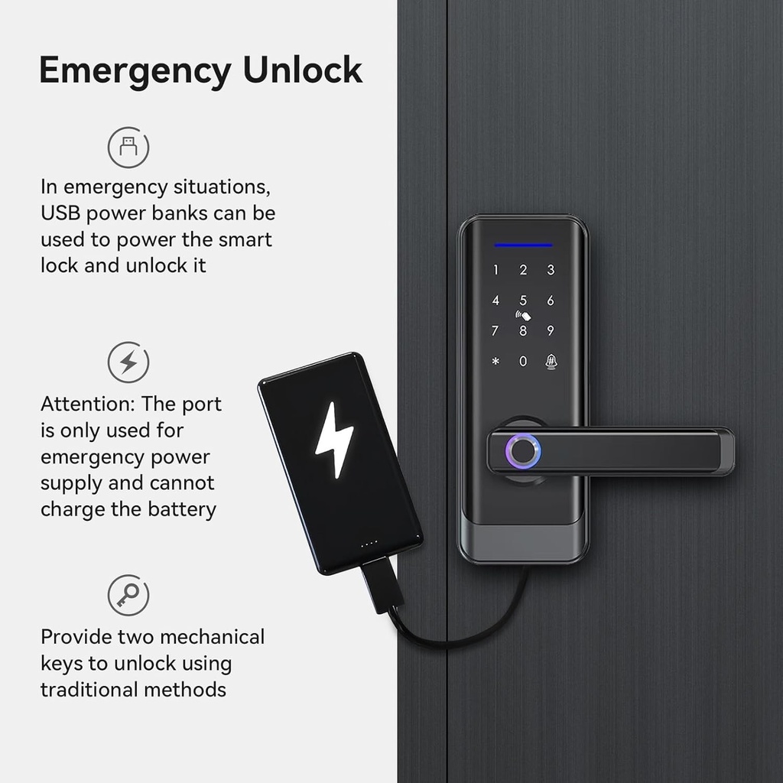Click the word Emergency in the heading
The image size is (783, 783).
[135, 70]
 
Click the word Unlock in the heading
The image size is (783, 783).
[302, 70]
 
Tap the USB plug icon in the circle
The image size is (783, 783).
[128, 148]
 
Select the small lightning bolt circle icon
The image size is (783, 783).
[128, 362]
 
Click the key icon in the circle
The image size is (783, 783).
[128, 595]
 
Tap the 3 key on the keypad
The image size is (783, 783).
[551, 270]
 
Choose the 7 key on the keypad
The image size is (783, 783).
[495, 331]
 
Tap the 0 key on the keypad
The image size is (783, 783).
[523, 361]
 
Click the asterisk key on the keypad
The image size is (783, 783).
[495, 361]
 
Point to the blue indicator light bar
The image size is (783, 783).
[523, 245]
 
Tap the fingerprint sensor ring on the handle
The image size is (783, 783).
[525, 450]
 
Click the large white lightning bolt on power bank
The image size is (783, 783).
[335, 440]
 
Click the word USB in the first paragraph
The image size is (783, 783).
[59, 213]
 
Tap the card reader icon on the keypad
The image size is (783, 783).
[523, 315]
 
